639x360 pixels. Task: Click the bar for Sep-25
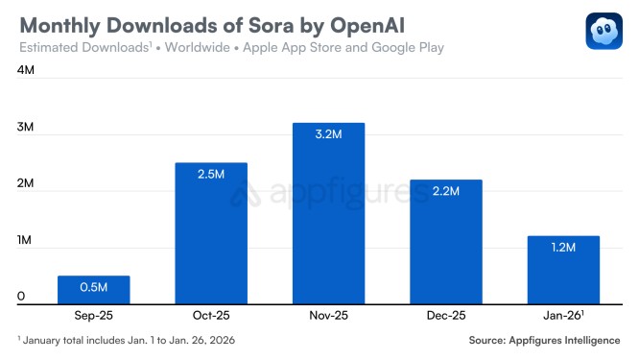pos(93,290)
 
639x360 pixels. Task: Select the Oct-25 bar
pos(211,234)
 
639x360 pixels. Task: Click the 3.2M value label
pos(328,135)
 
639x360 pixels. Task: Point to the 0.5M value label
pos(93,287)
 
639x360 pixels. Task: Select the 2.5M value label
pos(211,175)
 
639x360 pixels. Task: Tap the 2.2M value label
pos(446,192)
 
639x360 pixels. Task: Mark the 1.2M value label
pos(563,248)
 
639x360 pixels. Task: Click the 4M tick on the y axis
pos(26,71)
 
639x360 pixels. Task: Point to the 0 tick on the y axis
pos(20,297)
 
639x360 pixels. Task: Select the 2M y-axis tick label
pos(26,184)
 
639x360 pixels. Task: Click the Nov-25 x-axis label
pos(328,314)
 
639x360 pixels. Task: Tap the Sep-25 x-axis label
pos(93,314)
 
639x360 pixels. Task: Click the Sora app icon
pos(603,31)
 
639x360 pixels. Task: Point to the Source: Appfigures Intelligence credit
pos(544,341)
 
